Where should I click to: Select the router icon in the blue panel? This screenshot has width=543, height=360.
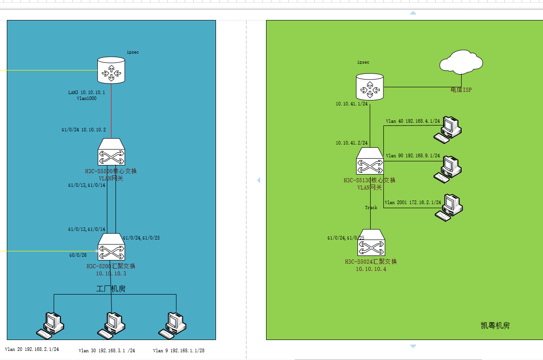[111, 70]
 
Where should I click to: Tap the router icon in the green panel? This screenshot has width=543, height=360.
[369, 87]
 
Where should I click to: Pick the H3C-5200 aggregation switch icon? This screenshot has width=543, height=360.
[111, 247]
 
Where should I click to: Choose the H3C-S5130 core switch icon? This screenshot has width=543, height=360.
[369, 161]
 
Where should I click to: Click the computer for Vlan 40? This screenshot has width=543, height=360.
[447, 129]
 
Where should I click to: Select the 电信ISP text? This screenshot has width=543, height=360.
[461, 90]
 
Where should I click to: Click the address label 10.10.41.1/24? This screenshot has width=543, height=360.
[352, 104]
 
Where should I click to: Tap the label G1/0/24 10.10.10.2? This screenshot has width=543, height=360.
[84, 130]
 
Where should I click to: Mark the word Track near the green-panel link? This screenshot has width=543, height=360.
[371, 208]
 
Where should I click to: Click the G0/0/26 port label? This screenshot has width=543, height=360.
[78, 255]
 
